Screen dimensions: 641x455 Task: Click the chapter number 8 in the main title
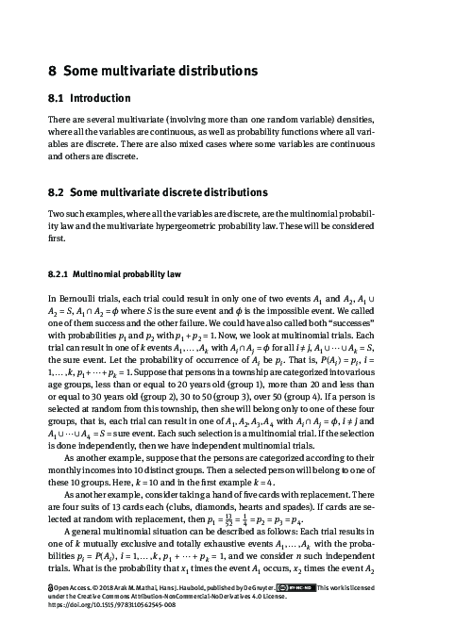click(53, 70)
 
